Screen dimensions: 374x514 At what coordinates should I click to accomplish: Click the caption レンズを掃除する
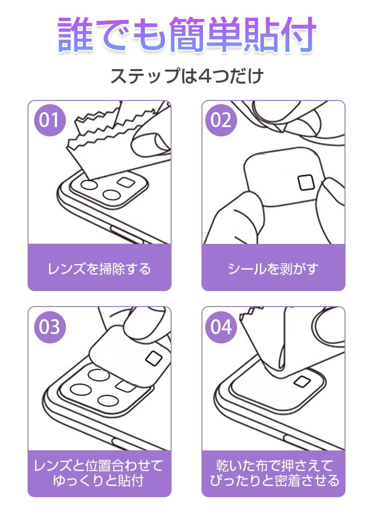(x=99, y=269)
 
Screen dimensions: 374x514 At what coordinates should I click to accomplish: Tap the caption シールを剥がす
(x=273, y=269)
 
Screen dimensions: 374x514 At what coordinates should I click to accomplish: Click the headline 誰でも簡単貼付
(x=187, y=35)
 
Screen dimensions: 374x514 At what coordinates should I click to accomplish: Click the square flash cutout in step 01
(x=126, y=182)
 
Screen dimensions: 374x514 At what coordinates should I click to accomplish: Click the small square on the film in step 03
(x=155, y=358)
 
